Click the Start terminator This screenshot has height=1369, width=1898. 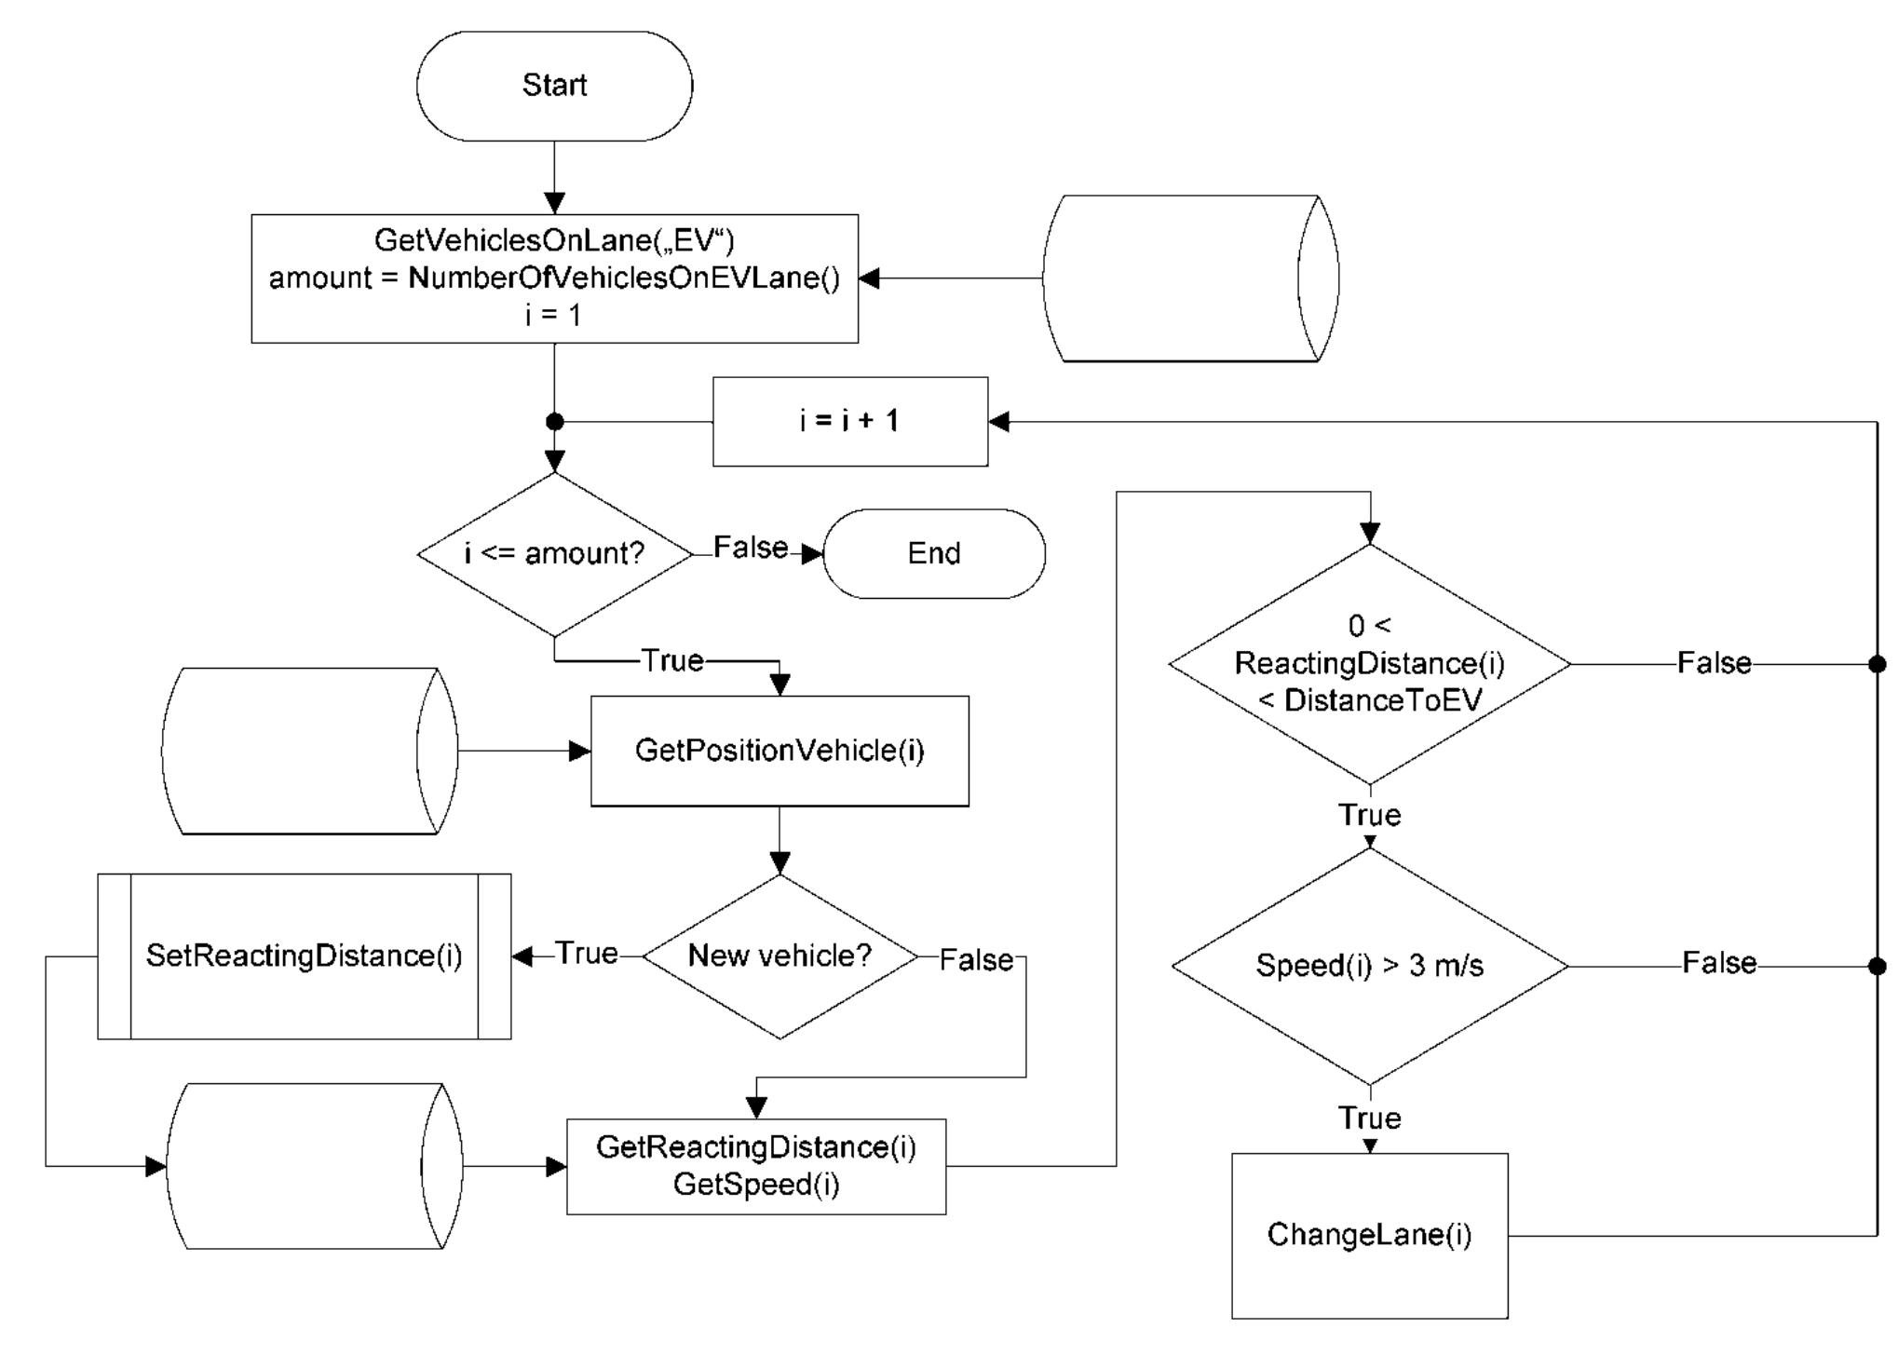(554, 86)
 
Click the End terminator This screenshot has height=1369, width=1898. (934, 553)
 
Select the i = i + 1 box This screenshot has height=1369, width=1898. (849, 421)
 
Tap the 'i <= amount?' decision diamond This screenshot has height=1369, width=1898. (554, 554)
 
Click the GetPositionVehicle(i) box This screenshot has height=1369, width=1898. (780, 751)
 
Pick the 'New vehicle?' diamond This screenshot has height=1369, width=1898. (780, 956)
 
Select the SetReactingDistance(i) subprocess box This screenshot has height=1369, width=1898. (304, 956)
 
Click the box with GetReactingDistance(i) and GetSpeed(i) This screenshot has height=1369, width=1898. (755, 1166)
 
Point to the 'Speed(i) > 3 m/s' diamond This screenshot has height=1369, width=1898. (1369, 966)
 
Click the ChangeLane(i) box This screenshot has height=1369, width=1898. (1369, 1235)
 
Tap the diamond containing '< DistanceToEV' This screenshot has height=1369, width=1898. (1369, 664)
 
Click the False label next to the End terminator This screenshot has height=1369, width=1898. (750, 548)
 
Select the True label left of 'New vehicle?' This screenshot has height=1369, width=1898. (587, 954)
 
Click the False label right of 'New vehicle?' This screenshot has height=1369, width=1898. (975, 960)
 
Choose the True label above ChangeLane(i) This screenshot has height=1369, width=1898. (1369, 1118)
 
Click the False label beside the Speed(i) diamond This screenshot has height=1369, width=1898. (1718, 963)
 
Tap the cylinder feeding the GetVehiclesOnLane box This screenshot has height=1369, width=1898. (1189, 278)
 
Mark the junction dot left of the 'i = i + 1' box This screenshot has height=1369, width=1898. (554, 422)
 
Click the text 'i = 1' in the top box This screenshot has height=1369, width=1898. (553, 316)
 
